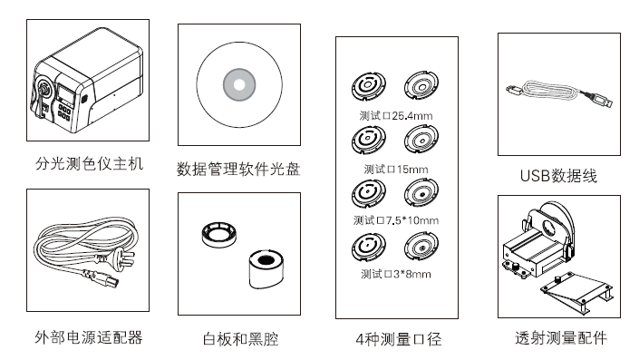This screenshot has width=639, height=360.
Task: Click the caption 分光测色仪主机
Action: coord(89,164)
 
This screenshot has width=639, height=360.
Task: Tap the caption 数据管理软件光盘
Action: coord(238,170)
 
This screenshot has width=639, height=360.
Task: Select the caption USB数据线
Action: coord(558,176)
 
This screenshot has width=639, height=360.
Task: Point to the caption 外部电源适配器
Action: coord(89,337)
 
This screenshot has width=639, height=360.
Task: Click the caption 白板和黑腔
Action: coord(240,339)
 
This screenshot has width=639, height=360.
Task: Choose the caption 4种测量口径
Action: coord(399,339)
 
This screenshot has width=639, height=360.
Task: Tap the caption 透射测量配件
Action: coord(561,338)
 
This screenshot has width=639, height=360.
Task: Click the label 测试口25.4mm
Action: coord(396,116)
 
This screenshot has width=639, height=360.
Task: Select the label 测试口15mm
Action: coord(396,170)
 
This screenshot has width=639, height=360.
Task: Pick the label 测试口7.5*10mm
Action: coord(396,220)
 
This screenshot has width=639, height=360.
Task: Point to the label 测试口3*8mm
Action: coord(396,274)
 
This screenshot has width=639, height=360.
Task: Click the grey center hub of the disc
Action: coord(239,85)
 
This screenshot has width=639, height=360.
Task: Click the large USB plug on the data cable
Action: coord(599,100)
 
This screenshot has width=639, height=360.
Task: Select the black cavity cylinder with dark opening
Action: coord(266,269)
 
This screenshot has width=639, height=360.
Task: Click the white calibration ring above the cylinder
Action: coord(219,235)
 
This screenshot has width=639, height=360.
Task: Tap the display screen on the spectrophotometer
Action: coord(64,93)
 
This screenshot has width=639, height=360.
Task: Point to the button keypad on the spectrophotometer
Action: coord(64,112)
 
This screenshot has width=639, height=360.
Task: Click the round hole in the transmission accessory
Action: coord(548,227)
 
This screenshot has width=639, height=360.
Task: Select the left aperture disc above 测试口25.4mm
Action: coord(368,85)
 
